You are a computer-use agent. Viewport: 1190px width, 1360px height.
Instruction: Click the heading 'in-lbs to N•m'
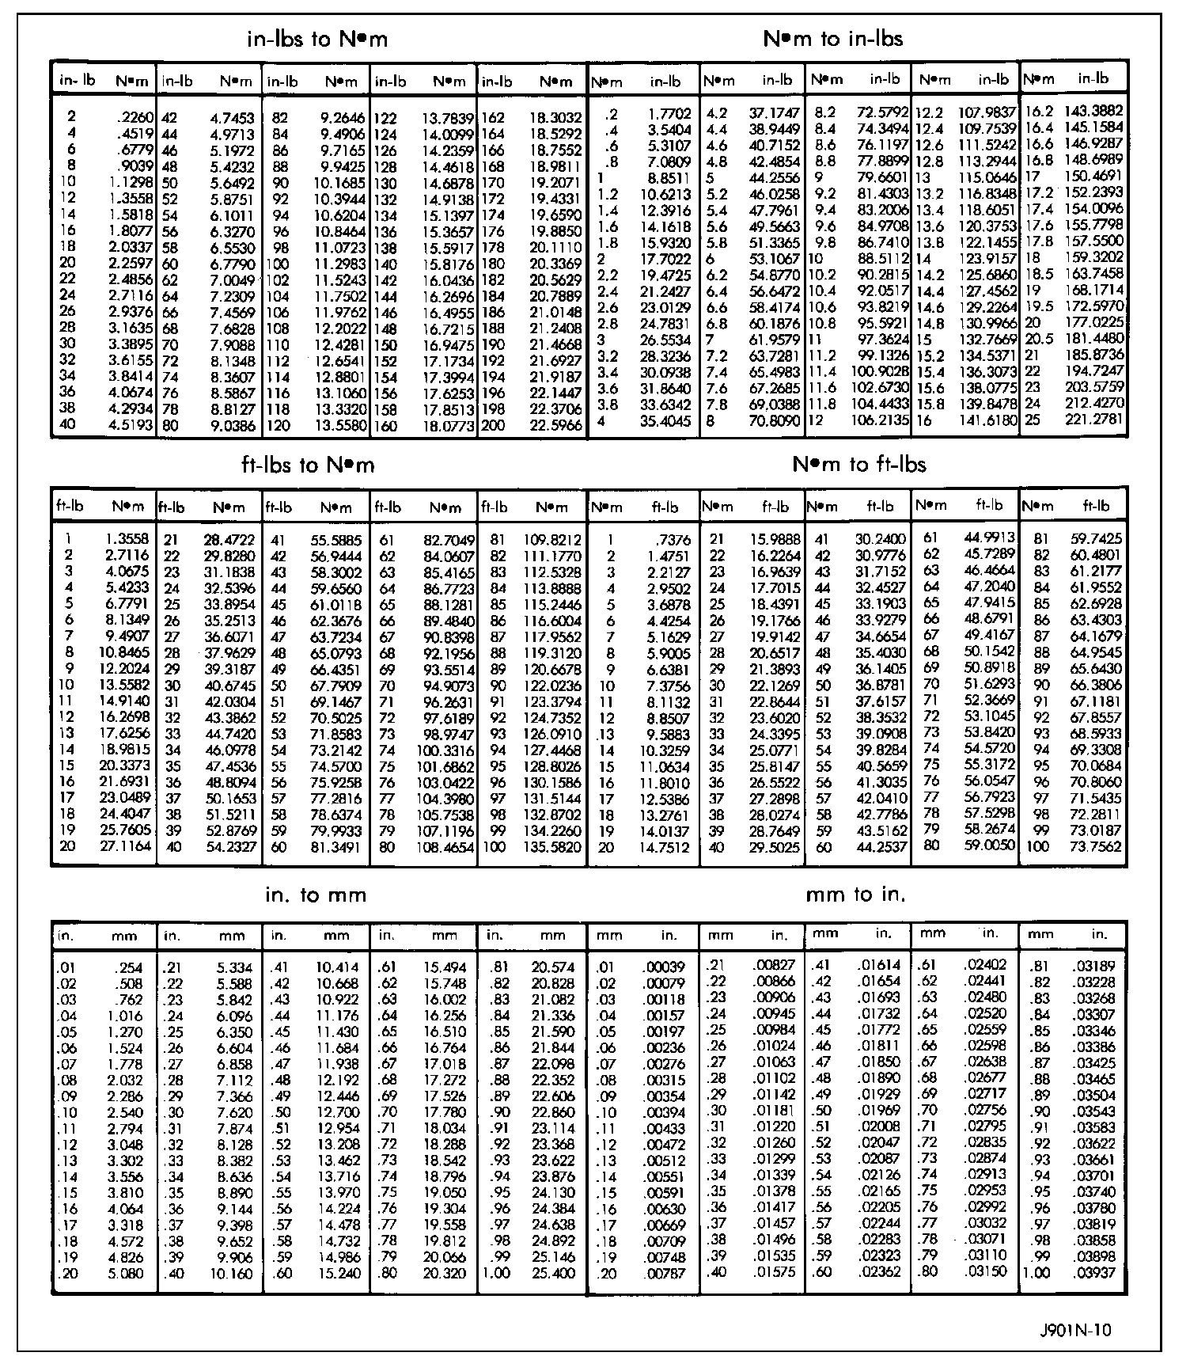[x=317, y=39]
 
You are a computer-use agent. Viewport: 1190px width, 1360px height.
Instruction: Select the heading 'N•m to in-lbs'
[x=832, y=38]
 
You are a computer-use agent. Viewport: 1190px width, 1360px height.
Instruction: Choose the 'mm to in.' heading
[x=855, y=895]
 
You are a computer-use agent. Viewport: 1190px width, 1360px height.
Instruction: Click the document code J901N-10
[x=1076, y=1330]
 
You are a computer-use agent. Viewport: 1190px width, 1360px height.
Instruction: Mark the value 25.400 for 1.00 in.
[x=554, y=1274]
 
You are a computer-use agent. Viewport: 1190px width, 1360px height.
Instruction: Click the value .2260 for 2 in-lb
[x=135, y=118]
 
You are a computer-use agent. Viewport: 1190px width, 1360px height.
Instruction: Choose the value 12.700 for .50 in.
[x=338, y=1112]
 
